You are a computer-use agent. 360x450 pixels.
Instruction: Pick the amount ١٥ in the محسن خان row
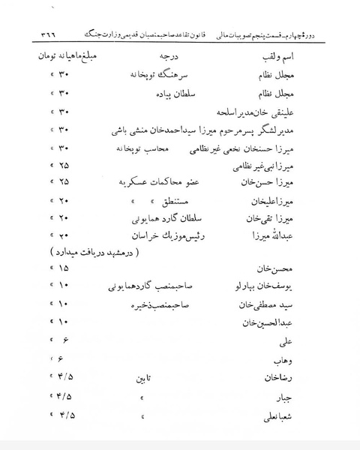click(62, 268)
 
